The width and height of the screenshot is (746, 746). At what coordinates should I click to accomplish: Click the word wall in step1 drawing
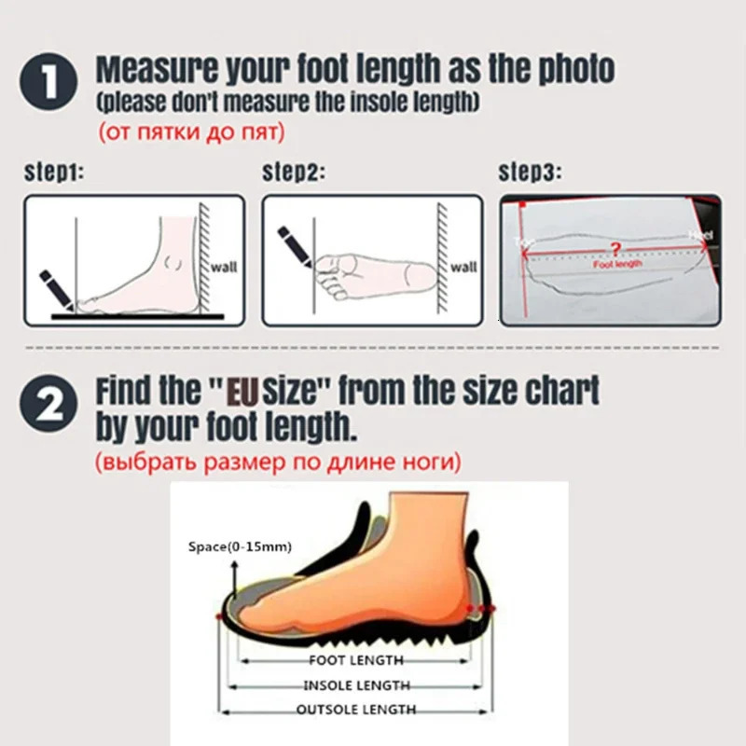point(224,267)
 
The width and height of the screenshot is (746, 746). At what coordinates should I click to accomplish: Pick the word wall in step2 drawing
point(463,267)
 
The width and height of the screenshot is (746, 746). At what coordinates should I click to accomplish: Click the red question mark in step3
point(613,249)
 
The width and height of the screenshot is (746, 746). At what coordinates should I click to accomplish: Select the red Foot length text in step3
point(617,265)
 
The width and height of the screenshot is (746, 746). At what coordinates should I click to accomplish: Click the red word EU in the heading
point(241,391)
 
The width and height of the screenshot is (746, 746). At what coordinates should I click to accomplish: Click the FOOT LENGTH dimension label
point(356,660)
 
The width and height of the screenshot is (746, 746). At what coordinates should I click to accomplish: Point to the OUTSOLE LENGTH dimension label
point(356,711)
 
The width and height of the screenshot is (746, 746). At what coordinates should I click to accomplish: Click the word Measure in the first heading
point(155,69)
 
